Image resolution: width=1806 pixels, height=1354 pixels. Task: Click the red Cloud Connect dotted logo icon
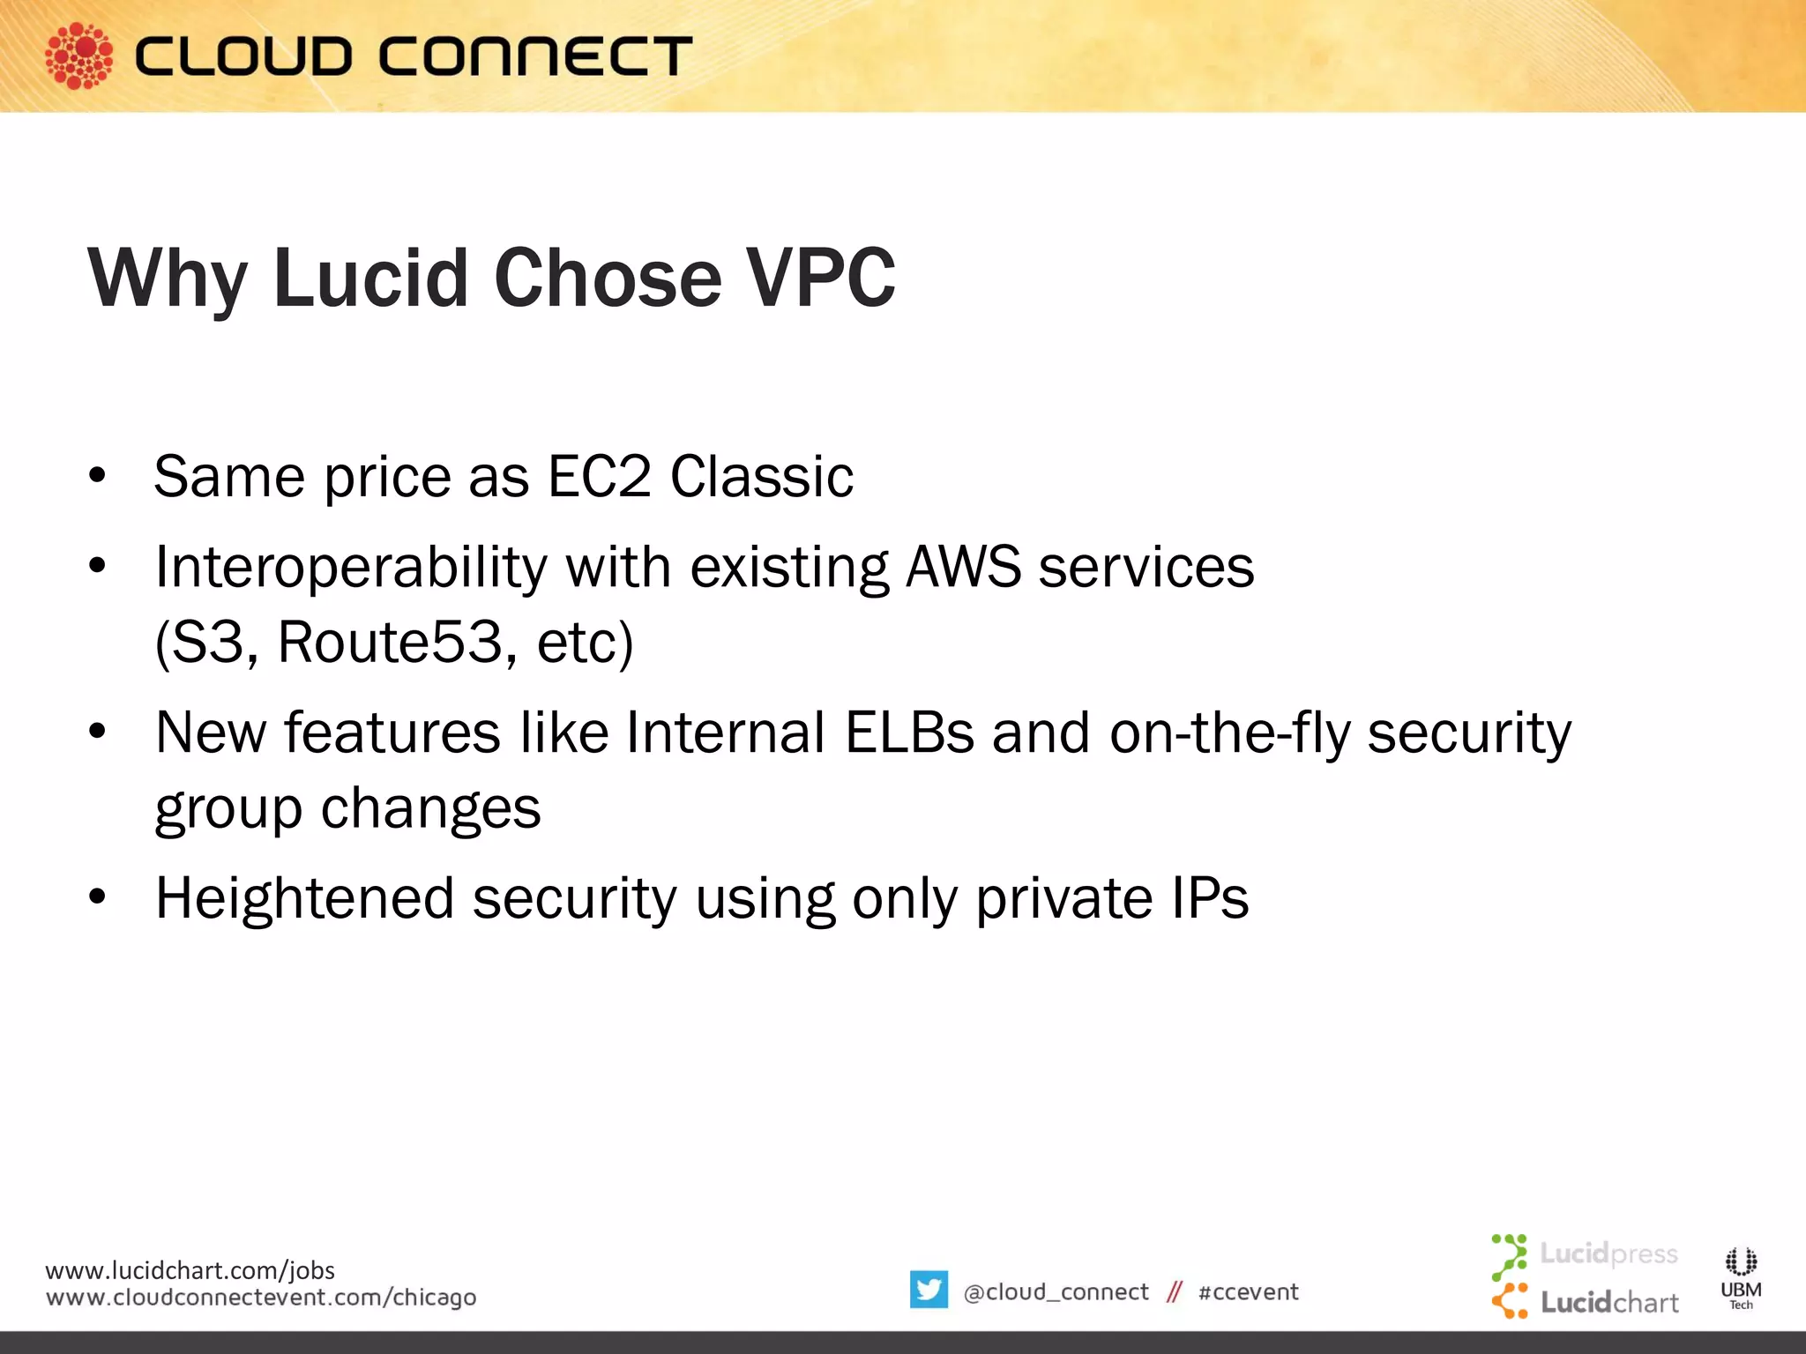(x=78, y=56)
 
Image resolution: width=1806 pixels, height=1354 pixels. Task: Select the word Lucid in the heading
(x=370, y=279)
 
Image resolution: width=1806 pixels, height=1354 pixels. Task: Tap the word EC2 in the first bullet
(x=599, y=477)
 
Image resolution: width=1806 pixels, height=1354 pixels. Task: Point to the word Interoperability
(x=351, y=569)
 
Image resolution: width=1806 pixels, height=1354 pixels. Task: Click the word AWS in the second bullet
(x=964, y=567)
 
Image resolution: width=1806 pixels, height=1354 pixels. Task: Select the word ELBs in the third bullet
(x=909, y=733)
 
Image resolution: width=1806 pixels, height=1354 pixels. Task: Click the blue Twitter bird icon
(x=929, y=1290)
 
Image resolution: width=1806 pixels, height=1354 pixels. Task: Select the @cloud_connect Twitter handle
(x=1056, y=1292)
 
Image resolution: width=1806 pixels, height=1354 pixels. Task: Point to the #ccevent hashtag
(x=1248, y=1292)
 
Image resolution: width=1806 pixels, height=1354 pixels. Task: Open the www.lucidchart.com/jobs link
(x=190, y=1270)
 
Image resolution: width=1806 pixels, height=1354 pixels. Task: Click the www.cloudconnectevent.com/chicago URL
(x=261, y=1298)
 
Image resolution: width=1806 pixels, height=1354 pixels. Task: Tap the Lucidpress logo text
(x=1608, y=1254)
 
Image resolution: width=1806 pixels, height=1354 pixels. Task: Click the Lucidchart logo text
(x=1609, y=1302)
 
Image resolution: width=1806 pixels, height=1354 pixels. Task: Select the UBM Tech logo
(x=1741, y=1277)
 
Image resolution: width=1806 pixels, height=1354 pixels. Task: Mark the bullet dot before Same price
(x=97, y=477)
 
